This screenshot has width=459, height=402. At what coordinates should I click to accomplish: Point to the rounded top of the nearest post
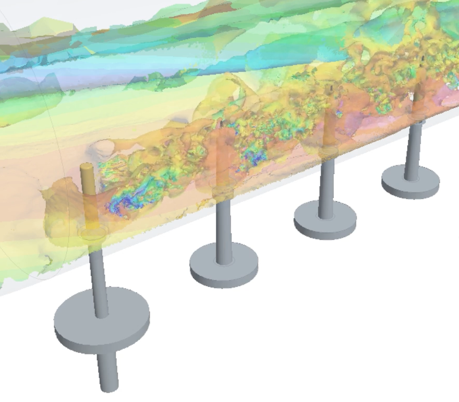coord(86,167)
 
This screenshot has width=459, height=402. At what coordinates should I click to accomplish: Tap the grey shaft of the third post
coord(327,188)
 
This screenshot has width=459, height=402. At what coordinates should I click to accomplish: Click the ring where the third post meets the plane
coord(328,152)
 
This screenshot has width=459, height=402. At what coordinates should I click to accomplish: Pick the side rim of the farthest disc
coord(411,193)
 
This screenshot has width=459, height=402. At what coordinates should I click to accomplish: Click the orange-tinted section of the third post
coord(328,130)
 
